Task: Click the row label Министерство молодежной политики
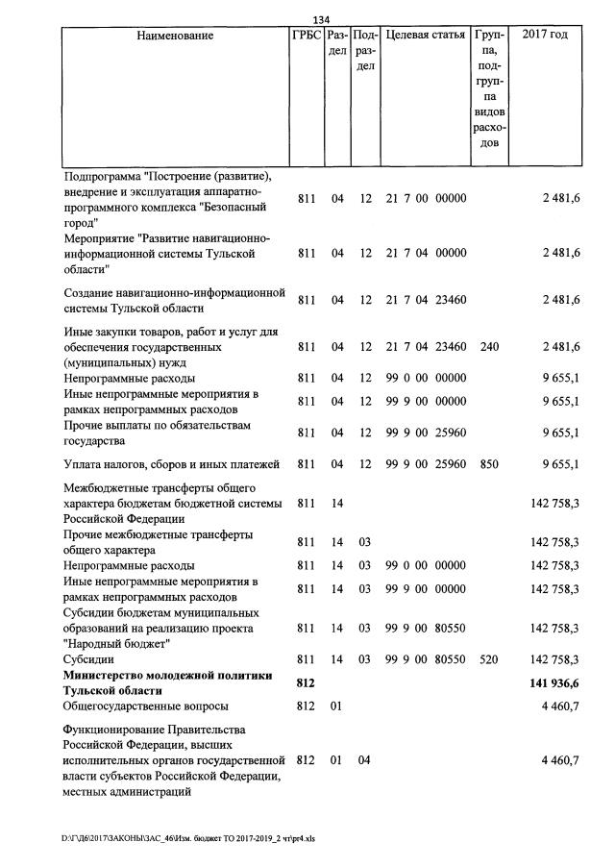tap(154, 682)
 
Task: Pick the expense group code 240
tap(489, 347)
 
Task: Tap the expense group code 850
tap(489, 465)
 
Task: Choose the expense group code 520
tap(489, 659)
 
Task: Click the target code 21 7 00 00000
tap(425, 199)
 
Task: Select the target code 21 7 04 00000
tap(425, 253)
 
